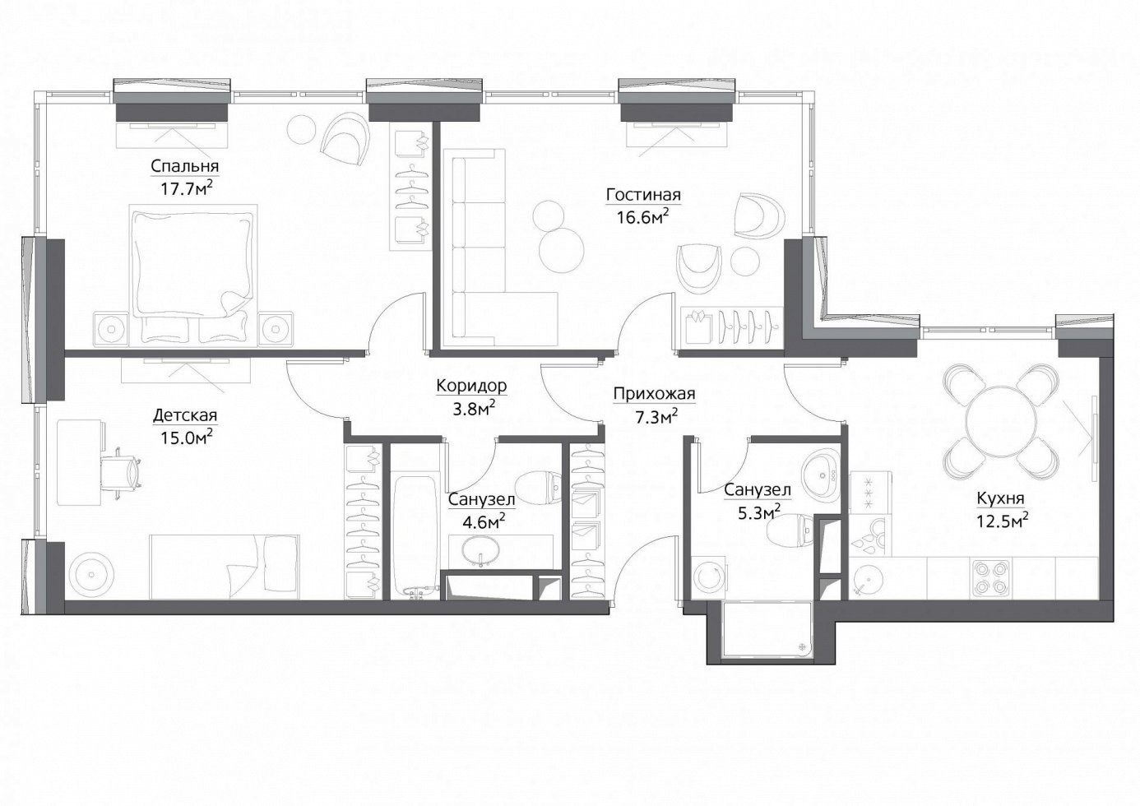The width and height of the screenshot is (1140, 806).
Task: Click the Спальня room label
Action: pyautogui.click(x=185, y=166)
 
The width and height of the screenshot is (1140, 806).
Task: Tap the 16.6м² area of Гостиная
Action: pyautogui.click(x=642, y=217)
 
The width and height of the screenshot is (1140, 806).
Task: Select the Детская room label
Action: pyautogui.click(x=185, y=415)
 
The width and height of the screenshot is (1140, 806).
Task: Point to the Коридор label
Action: pyautogui.click(x=471, y=386)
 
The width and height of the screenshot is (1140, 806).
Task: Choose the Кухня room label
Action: pyautogui.click(x=1000, y=498)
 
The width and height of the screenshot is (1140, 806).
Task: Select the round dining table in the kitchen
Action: pyautogui.click(x=1000, y=421)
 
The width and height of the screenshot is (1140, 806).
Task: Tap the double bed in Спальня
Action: pyautogui.click(x=193, y=275)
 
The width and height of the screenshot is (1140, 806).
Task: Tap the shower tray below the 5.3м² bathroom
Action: pyautogui.click(x=766, y=628)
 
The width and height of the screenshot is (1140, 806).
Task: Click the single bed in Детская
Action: pyautogui.click(x=225, y=567)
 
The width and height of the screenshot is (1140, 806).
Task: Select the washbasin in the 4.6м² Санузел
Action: pyautogui.click(x=480, y=552)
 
